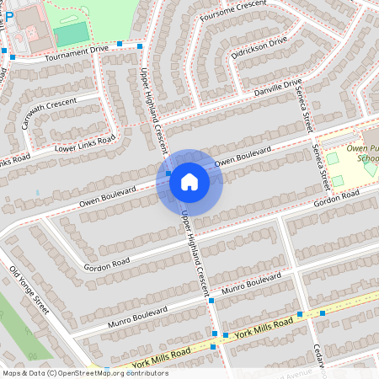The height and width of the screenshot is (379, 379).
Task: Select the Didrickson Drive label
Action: coord(259,48)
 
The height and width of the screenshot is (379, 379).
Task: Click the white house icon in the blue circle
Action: coord(189,182)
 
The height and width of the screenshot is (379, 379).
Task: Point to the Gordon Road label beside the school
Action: coord(336,196)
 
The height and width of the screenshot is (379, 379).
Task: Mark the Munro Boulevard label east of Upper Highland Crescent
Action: coord(251,284)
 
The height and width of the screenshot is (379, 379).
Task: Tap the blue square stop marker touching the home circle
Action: coord(169,173)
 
